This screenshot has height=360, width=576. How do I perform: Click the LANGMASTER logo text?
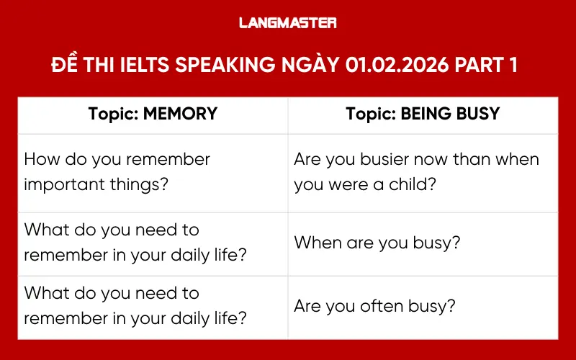pos(288,23)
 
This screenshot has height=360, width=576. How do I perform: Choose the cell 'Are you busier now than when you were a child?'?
pos(423,171)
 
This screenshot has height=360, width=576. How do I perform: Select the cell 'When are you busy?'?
pos(423,243)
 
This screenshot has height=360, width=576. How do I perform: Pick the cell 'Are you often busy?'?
pos(423,305)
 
